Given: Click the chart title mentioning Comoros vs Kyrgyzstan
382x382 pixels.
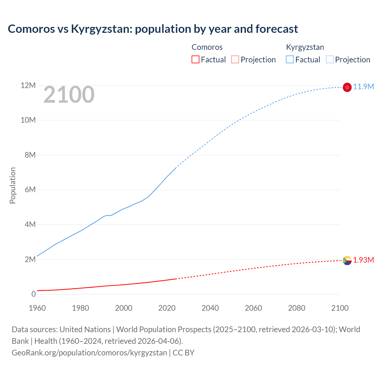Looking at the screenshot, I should (x=153, y=29).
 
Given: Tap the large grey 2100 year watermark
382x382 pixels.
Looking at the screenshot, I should (x=69, y=95).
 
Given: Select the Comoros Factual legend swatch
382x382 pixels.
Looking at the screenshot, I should (x=195, y=59).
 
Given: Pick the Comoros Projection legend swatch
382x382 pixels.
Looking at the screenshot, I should (x=235, y=59).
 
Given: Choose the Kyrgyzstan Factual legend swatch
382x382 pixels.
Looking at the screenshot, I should (x=290, y=59).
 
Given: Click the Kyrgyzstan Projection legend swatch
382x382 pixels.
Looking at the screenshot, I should (x=330, y=59).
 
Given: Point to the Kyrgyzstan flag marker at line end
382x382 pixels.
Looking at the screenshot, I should (x=347, y=87).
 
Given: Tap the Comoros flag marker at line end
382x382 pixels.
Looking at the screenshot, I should (x=347, y=261).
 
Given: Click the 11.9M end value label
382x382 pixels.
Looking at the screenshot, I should (x=363, y=87).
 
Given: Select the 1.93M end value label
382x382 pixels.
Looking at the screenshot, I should (x=363, y=260).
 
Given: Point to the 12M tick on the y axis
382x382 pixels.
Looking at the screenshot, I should (x=28, y=86).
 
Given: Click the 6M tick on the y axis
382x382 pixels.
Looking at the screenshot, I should (x=30, y=190).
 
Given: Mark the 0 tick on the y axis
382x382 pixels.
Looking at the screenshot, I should (x=33, y=294).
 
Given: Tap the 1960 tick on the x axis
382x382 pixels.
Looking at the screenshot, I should (x=37, y=308).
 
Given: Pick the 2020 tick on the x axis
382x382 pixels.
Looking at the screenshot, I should (x=167, y=308).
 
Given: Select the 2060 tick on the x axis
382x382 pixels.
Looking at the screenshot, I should (x=253, y=308).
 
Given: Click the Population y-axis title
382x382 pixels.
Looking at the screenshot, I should (x=13, y=185).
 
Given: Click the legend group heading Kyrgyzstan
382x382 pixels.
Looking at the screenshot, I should (x=305, y=47).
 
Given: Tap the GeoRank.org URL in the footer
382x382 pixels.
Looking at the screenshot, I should (x=89, y=353).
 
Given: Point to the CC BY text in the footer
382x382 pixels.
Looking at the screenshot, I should (x=184, y=353).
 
